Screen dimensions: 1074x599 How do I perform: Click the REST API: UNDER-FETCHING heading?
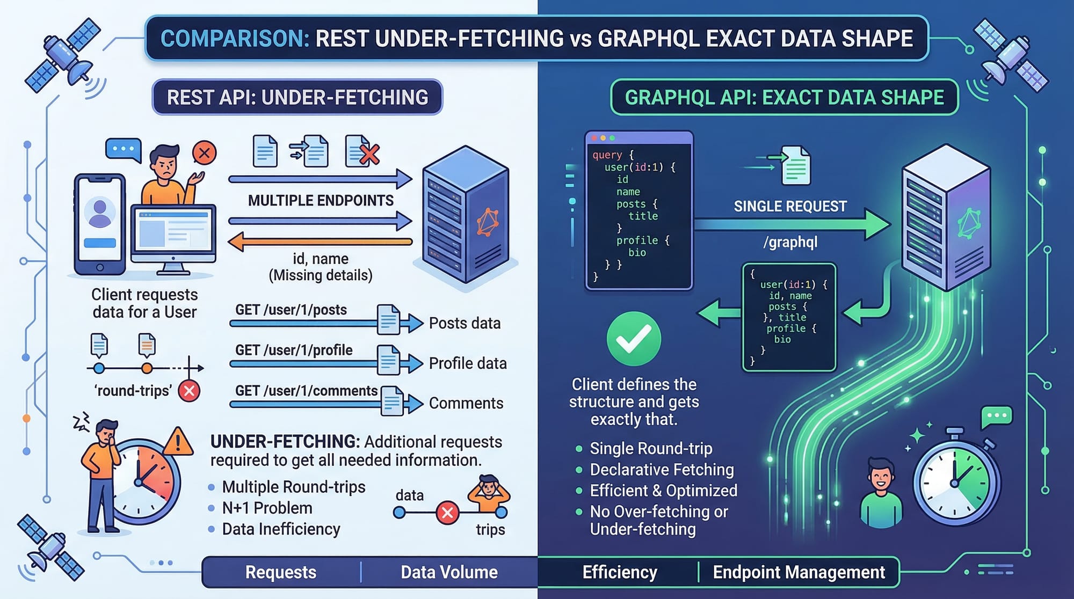click(297, 97)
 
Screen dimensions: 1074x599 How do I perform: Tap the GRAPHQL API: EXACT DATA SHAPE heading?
click(784, 97)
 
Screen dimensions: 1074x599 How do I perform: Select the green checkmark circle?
click(634, 339)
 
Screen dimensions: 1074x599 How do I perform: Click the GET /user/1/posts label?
click(291, 310)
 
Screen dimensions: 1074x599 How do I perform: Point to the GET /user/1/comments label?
click(306, 391)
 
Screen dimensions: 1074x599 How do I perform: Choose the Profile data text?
click(468, 363)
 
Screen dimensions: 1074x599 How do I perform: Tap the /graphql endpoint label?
click(790, 242)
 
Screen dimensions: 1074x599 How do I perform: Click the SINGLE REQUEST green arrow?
click(792, 224)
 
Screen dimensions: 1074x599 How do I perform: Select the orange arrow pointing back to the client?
click(320, 242)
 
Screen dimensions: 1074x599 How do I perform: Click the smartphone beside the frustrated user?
click(100, 224)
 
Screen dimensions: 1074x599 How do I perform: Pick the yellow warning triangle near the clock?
click(178, 441)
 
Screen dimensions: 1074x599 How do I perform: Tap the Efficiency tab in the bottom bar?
click(620, 572)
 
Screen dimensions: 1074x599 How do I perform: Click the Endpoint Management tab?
click(799, 572)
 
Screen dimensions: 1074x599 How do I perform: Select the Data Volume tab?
click(449, 572)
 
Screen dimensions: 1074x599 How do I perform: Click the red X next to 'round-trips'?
click(189, 391)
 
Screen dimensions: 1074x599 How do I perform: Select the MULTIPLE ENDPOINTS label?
click(321, 201)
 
